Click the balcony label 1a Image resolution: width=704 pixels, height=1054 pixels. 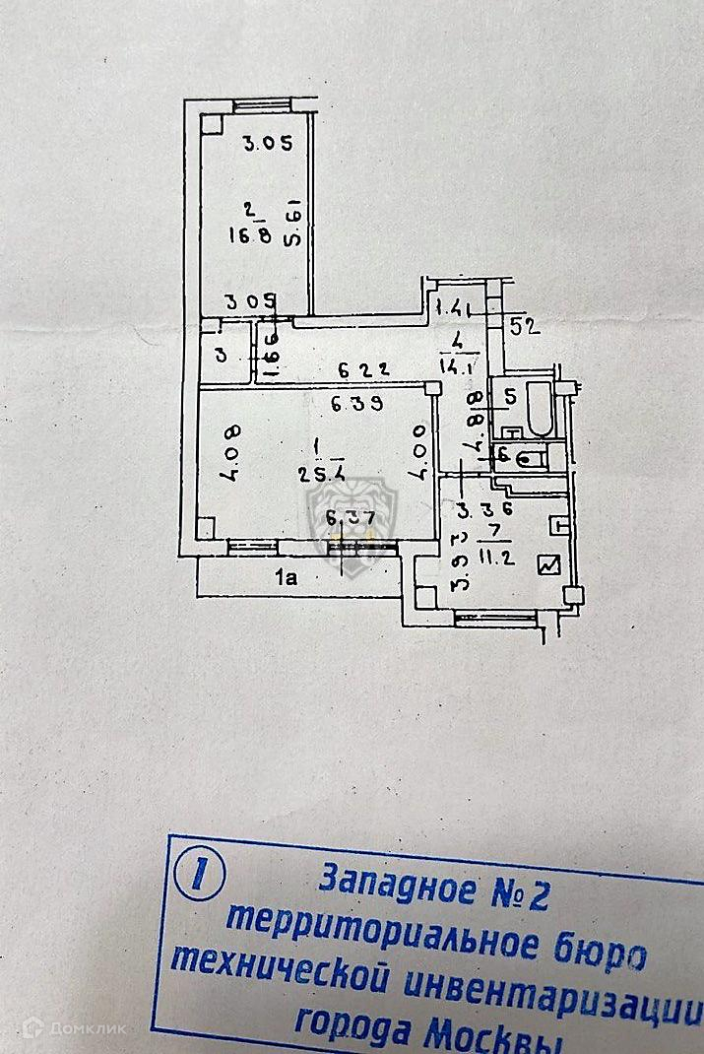(287, 579)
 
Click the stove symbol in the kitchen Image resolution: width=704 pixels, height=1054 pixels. (546, 565)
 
